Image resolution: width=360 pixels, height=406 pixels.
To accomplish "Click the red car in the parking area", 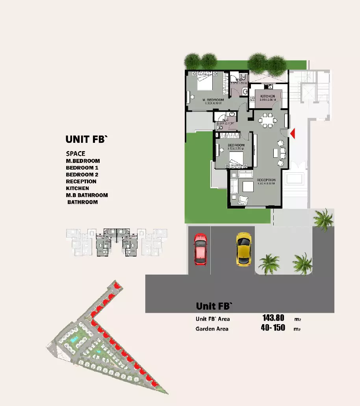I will [200, 249].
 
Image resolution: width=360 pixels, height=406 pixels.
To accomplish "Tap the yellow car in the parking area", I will [243, 249].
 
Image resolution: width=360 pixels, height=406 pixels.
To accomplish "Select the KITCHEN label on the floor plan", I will [267, 96].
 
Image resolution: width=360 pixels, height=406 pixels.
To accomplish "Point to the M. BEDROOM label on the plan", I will [213, 100].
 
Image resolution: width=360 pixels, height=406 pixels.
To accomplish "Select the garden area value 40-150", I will [273, 328].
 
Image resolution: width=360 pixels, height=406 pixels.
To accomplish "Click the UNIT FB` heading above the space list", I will [86, 139].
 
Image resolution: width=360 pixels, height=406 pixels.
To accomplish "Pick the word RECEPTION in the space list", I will [81, 181].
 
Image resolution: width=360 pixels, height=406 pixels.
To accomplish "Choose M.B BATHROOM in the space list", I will [87, 195].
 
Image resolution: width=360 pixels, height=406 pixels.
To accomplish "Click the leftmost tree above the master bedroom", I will [192, 61].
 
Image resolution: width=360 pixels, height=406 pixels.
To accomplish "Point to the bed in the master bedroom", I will [204, 81].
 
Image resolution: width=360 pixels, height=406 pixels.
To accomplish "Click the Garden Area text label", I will [212, 328].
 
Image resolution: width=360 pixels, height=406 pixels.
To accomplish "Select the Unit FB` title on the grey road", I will [214, 306].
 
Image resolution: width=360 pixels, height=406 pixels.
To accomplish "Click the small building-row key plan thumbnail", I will [117, 242].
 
